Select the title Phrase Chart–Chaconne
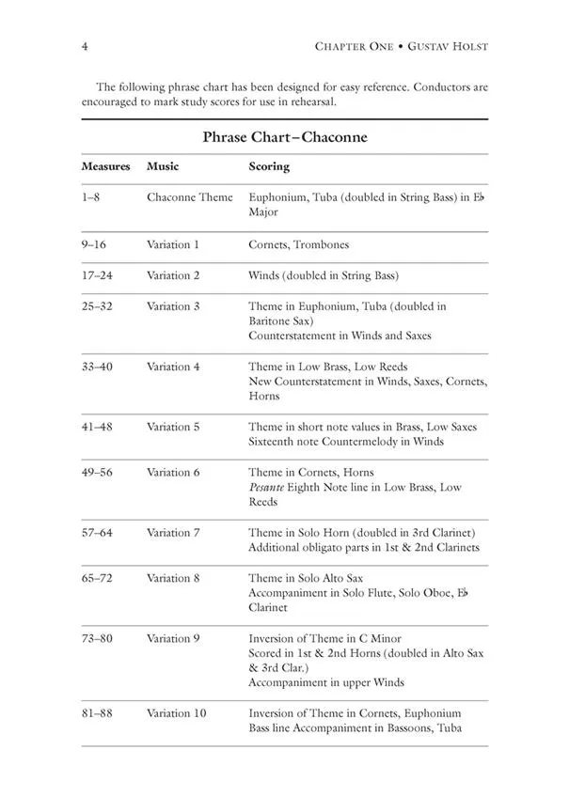pos(284,137)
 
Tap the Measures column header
pos(105,166)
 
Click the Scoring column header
pos(269,166)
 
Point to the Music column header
pos(163,166)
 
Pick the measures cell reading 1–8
pos(94,197)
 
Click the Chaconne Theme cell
pos(189,197)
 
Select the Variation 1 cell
pos(173,244)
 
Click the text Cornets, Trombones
pos(298,244)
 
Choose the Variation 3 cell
pos(173,306)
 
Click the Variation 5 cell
pos(173,427)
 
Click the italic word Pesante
pos(267,487)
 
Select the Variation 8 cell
pos(173,577)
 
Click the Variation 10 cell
pos(176,713)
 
